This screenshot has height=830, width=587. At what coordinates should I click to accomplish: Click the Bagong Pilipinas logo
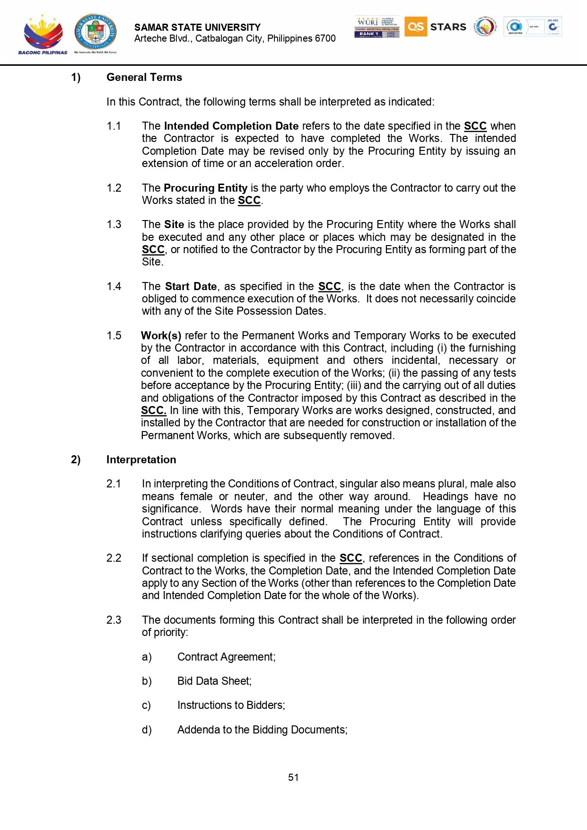(43, 34)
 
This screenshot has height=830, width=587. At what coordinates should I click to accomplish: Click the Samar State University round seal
(96, 32)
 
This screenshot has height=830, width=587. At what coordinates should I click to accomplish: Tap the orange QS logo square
(415, 26)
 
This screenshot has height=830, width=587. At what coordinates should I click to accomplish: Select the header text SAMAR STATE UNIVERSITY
(197, 27)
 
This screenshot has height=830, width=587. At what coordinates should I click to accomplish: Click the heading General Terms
(144, 78)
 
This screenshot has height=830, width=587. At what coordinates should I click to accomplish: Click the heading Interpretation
(141, 460)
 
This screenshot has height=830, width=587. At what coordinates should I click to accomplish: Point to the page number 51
(293, 777)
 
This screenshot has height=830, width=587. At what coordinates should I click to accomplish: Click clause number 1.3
(114, 225)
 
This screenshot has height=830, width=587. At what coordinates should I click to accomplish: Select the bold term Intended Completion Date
(231, 126)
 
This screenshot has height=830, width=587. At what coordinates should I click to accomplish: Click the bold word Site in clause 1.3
(174, 225)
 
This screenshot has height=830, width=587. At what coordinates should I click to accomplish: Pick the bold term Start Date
(191, 287)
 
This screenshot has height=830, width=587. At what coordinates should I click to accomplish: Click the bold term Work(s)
(161, 336)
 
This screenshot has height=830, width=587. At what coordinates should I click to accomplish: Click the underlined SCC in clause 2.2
(350, 558)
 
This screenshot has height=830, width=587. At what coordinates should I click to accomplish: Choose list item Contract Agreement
(226, 657)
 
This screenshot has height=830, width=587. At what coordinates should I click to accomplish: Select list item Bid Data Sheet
(214, 681)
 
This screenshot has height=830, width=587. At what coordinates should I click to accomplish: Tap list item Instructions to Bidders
(231, 706)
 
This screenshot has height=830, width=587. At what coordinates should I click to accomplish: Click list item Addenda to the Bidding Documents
(262, 730)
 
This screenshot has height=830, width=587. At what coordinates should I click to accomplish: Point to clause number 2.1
(114, 484)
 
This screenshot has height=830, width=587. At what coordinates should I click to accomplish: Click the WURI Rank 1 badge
(377, 27)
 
